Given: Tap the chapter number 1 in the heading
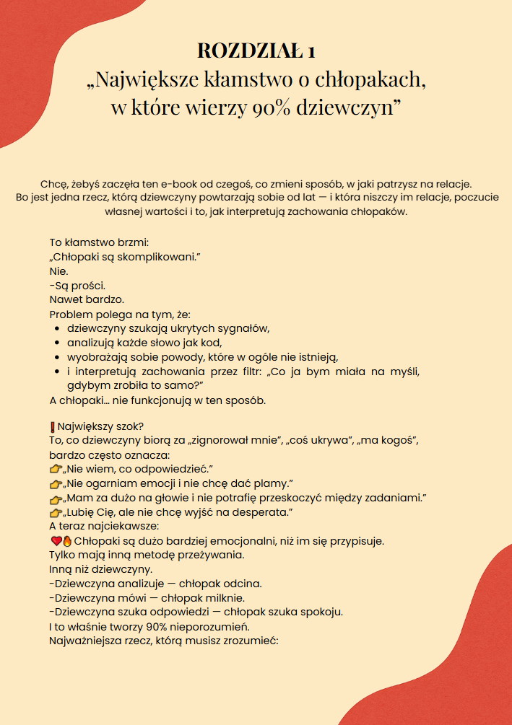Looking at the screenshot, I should (311, 50).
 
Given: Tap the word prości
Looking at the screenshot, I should (90, 285).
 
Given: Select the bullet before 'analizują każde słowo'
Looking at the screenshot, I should (57, 343).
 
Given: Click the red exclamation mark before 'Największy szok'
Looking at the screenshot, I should (53, 426).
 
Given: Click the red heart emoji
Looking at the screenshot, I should (55, 540).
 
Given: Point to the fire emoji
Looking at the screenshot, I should (66, 540).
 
